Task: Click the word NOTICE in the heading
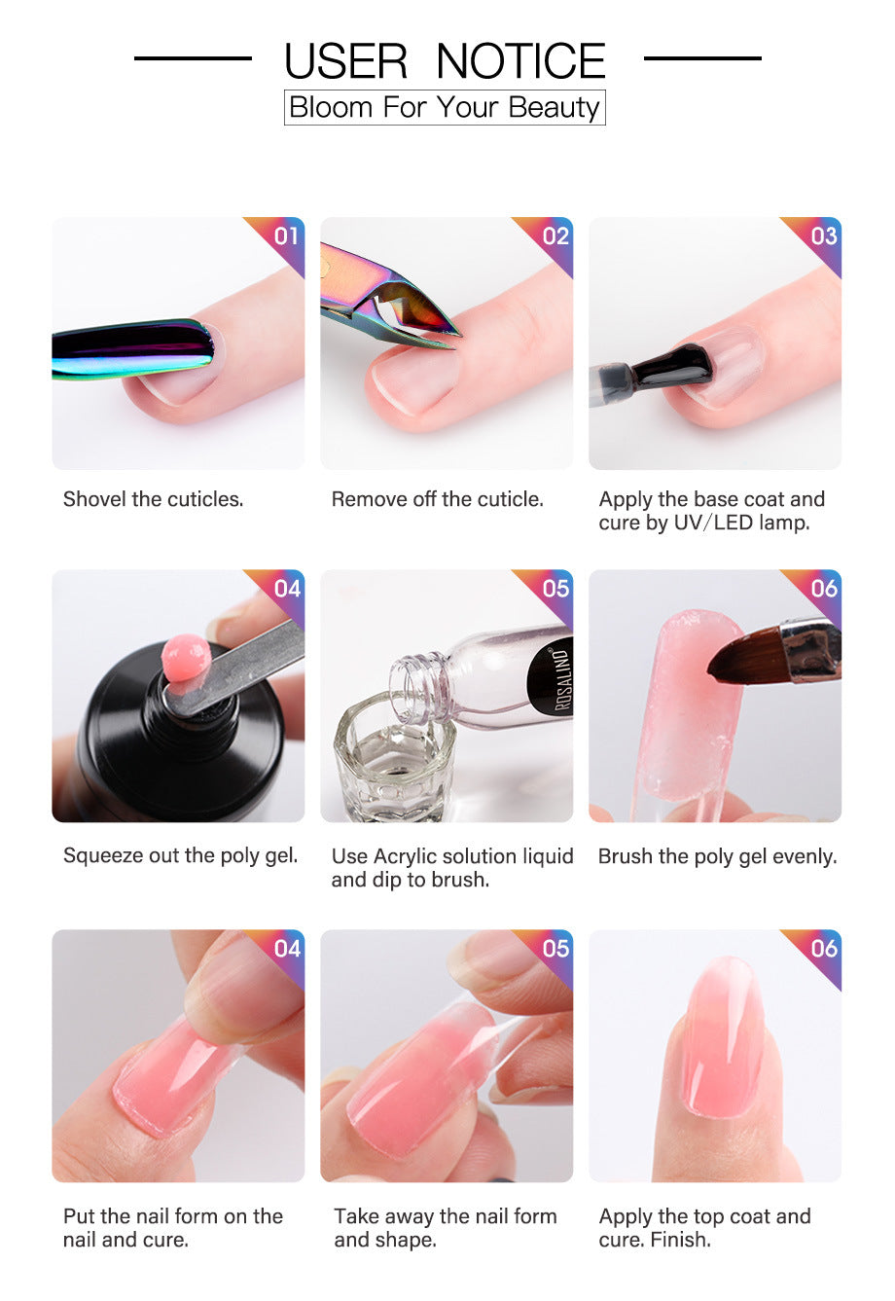click(x=520, y=61)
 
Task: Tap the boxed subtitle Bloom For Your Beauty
click(x=445, y=107)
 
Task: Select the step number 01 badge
click(x=285, y=235)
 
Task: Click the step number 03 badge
click(x=823, y=235)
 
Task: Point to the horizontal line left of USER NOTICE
click(x=193, y=58)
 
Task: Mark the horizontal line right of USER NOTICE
click(x=702, y=58)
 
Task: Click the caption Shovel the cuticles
click(x=153, y=499)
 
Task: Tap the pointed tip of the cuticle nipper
click(x=455, y=335)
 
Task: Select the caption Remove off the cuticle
click(x=438, y=499)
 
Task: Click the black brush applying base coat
click(x=671, y=368)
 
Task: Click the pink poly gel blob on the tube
click(x=186, y=659)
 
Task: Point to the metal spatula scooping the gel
click(x=243, y=667)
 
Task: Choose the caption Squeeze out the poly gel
click(x=180, y=855)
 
